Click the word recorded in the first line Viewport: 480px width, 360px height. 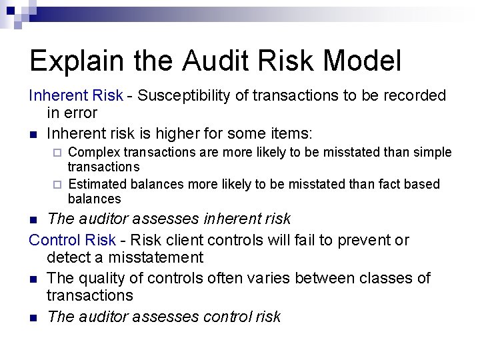(413, 96)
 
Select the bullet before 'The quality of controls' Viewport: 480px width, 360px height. (33, 279)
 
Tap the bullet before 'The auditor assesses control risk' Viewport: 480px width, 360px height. (33, 317)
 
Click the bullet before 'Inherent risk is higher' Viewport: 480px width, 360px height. (33, 133)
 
